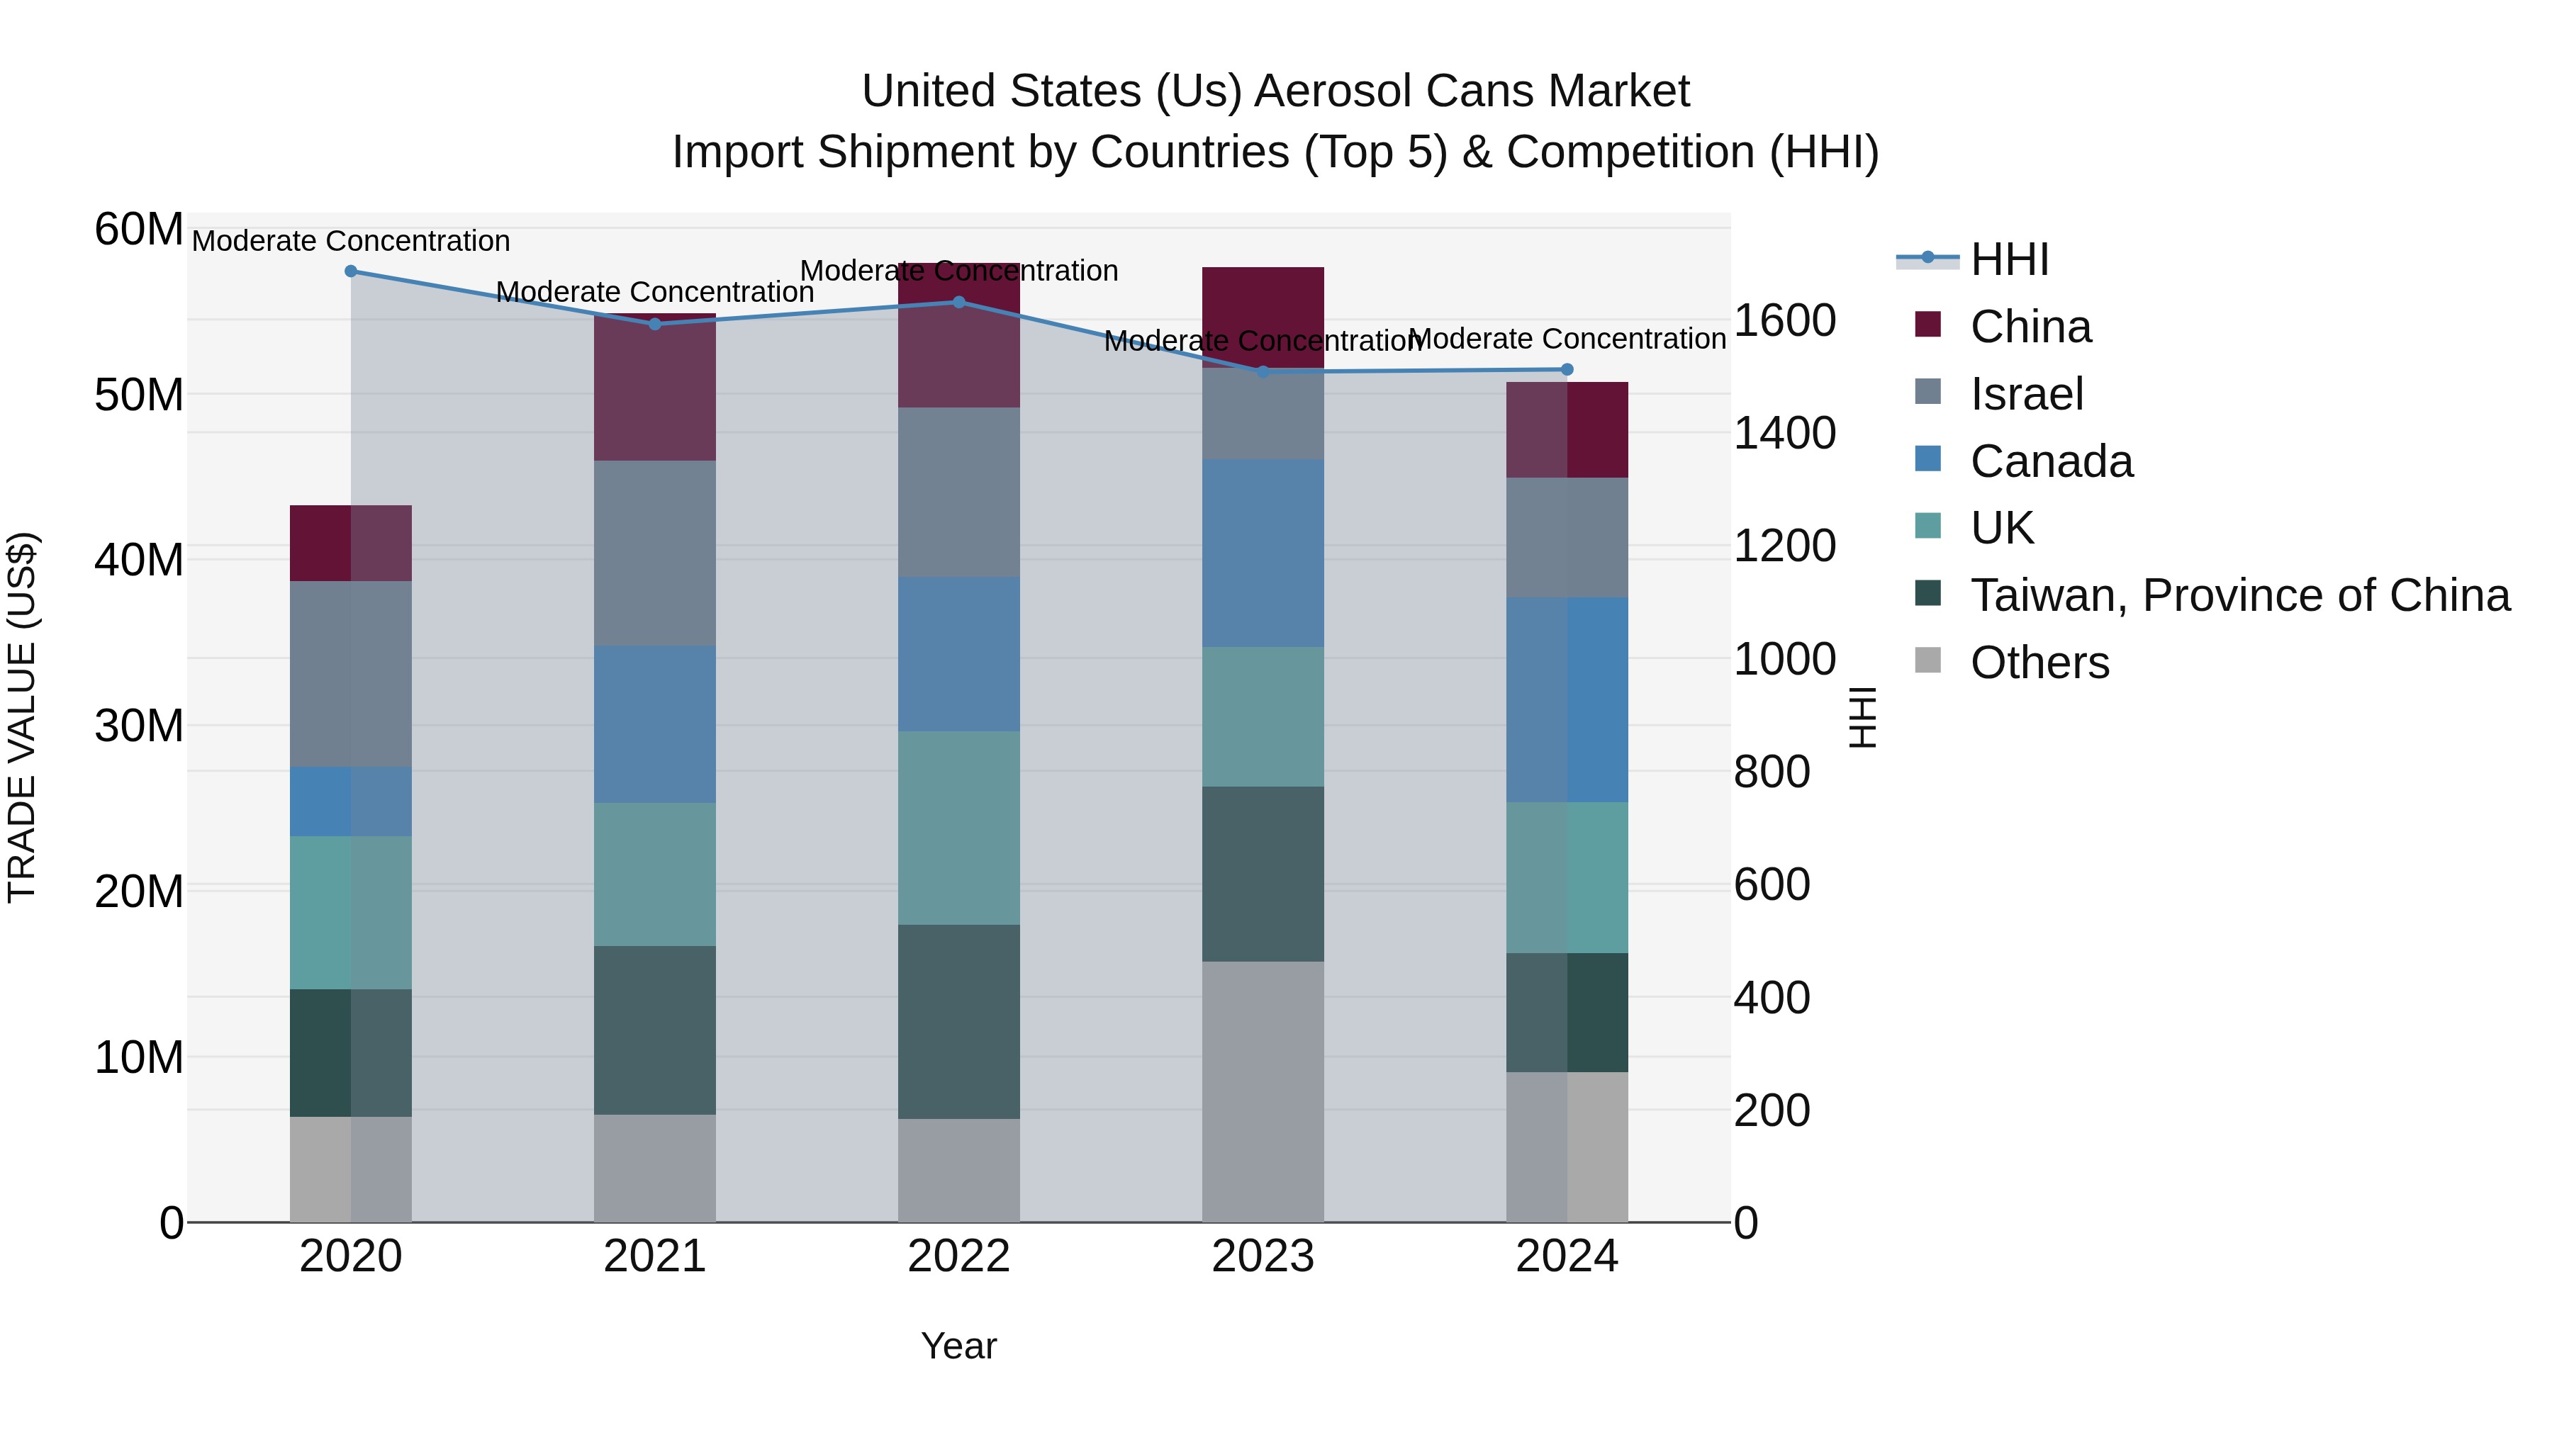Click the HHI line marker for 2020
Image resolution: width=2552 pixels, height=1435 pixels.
coord(351,271)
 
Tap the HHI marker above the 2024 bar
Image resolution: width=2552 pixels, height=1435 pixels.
coord(1566,369)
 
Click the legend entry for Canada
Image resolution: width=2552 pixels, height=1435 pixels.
coord(2051,461)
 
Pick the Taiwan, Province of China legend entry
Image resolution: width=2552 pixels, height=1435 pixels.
coord(2239,595)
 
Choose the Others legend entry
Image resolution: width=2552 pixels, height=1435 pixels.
coord(2039,663)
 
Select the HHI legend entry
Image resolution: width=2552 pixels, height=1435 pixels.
coord(2008,259)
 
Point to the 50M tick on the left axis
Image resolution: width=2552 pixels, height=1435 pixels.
coord(139,395)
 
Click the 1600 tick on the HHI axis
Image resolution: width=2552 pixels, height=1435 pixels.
coord(1784,321)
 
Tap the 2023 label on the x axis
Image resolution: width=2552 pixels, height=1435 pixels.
coord(1262,1256)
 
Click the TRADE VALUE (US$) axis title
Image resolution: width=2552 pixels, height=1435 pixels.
coord(22,717)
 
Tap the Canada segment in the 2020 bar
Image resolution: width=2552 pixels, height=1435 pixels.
coord(351,801)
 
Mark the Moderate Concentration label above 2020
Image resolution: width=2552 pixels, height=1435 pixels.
coord(351,242)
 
